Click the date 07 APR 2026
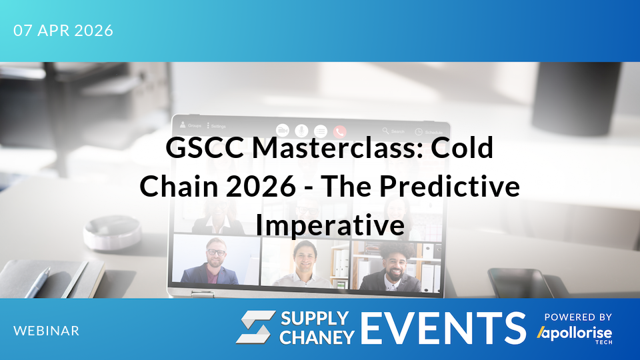point(63,31)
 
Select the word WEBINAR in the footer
point(46,331)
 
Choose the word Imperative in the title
point(330,225)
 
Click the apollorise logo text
point(575,331)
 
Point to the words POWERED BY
point(578,317)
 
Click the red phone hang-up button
point(340,131)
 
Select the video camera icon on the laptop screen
point(283,131)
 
